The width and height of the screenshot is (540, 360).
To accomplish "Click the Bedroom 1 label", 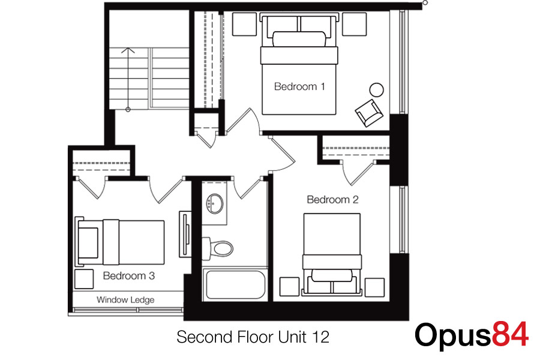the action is [299, 86].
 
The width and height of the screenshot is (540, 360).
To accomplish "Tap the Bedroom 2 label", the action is [332, 199].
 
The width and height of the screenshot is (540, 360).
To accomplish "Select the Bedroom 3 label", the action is [129, 275].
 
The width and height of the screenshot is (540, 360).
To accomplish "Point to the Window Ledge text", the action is [125, 300].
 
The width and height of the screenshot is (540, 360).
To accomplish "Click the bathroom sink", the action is [215, 203].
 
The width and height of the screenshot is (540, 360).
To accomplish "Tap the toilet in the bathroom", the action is [218, 248].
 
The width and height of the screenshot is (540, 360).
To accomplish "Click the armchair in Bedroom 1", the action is [369, 113].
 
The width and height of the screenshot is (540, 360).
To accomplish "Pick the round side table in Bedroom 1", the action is [376, 90].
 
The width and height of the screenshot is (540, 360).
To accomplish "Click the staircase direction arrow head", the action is [128, 50].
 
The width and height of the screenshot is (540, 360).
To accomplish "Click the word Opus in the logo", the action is [453, 336].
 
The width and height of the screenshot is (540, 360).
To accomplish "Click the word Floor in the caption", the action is [255, 337].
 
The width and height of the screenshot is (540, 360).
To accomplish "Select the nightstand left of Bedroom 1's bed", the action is [245, 24].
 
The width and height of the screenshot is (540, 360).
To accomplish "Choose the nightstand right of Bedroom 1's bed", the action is [355, 24].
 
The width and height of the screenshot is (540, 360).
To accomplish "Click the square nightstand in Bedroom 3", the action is [84, 278].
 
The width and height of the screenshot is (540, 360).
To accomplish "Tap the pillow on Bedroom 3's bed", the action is [89, 242].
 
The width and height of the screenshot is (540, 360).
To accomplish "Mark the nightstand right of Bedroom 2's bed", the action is [374, 287].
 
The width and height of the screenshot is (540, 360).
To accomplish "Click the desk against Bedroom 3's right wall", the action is [185, 234].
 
